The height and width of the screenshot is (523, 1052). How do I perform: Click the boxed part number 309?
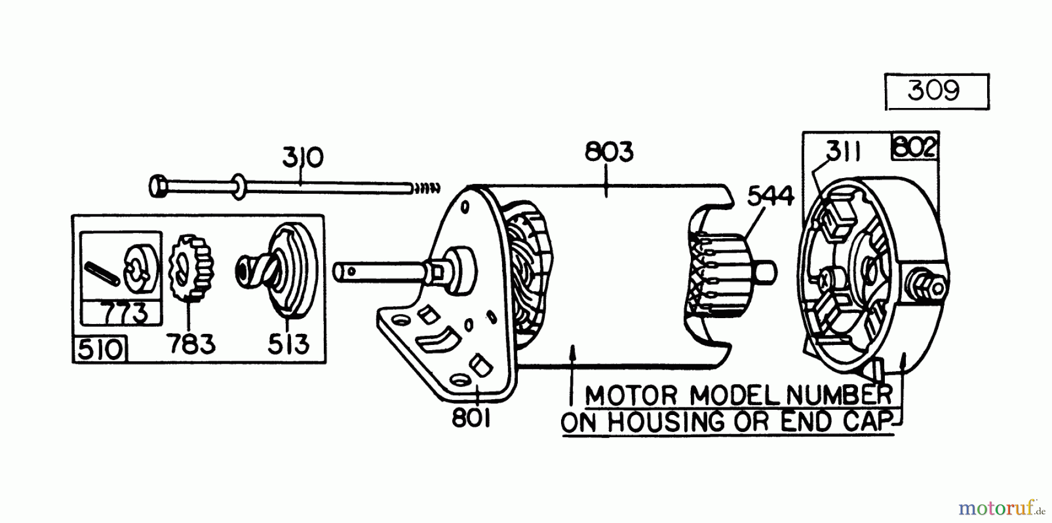click(934, 91)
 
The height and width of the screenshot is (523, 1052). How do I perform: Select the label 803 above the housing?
click(609, 152)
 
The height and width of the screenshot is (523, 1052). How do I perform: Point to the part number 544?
click(770, 196)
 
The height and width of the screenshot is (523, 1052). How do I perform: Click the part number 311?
click(844, 152)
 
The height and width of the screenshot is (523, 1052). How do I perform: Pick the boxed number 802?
click(914, 148)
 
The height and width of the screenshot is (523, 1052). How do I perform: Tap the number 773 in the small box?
click(122, 314)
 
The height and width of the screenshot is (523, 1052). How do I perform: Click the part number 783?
click(191, 343)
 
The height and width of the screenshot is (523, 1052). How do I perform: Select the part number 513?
click(288, 343)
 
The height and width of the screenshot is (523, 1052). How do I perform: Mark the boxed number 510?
click(101, 350)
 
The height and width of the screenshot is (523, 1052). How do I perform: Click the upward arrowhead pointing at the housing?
click(574, 350)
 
